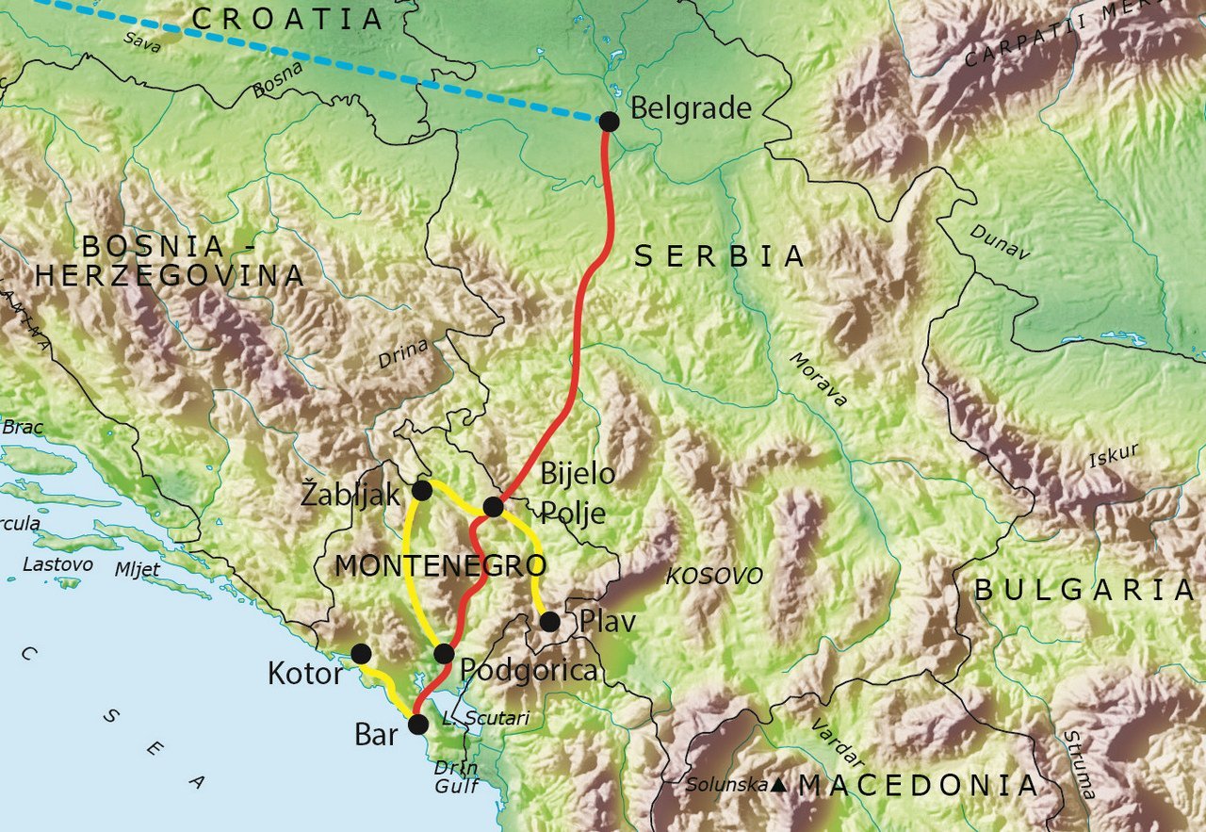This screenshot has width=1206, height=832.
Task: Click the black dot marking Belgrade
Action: (609, 121)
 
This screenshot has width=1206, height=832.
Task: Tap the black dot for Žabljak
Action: (422, 490)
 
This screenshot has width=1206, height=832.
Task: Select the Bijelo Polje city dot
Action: (493, 507)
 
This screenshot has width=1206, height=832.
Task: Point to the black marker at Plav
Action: (549, 621)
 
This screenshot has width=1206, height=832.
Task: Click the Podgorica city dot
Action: (444, 653)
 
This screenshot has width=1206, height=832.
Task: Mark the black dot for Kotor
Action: (361, 653)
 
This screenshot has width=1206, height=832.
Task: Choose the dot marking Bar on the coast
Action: (417, 724)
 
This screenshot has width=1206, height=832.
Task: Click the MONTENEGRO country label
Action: (440, 566)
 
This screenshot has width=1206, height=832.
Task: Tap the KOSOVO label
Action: (714, 576)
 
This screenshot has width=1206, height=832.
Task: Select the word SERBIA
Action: (719, 256)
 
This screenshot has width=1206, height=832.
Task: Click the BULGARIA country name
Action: (1084, 591)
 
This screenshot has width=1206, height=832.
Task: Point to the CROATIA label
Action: (287, 19)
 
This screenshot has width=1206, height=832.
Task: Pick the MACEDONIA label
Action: (918, 785)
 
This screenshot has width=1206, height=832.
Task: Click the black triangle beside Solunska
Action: (779, 784)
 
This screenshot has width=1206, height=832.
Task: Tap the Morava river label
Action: (818, 379)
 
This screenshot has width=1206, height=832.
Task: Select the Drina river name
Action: (403, 353)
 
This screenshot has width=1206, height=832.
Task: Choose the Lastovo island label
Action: (58, 564)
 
